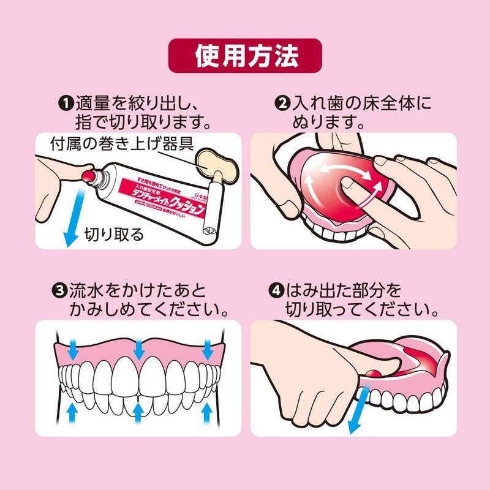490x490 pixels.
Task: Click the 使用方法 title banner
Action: [x=245, y=56]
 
